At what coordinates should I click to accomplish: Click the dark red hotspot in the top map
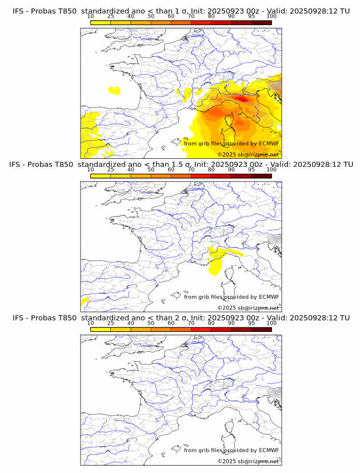(x=243, y=99)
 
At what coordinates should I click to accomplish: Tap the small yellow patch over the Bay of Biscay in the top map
(x=115, y=90)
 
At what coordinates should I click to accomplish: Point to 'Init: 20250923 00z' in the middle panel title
(x=227, y=165)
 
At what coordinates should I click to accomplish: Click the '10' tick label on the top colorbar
(x=91, y=16)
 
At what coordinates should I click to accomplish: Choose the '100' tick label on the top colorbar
(x=271, y=16)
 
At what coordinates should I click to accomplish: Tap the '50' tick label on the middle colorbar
(x=151, y=170)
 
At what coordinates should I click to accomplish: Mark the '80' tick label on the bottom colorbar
(x=211, y=323)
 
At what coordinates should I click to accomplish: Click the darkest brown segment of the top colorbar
(x=261, y=22)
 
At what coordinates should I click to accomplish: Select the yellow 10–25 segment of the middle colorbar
(x=101, y=176)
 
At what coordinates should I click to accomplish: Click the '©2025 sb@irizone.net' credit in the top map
(x=248, y=154)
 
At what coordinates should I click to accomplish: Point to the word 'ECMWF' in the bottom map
(x=269, y=450)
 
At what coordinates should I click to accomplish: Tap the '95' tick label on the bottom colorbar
(x=251, y=323)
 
